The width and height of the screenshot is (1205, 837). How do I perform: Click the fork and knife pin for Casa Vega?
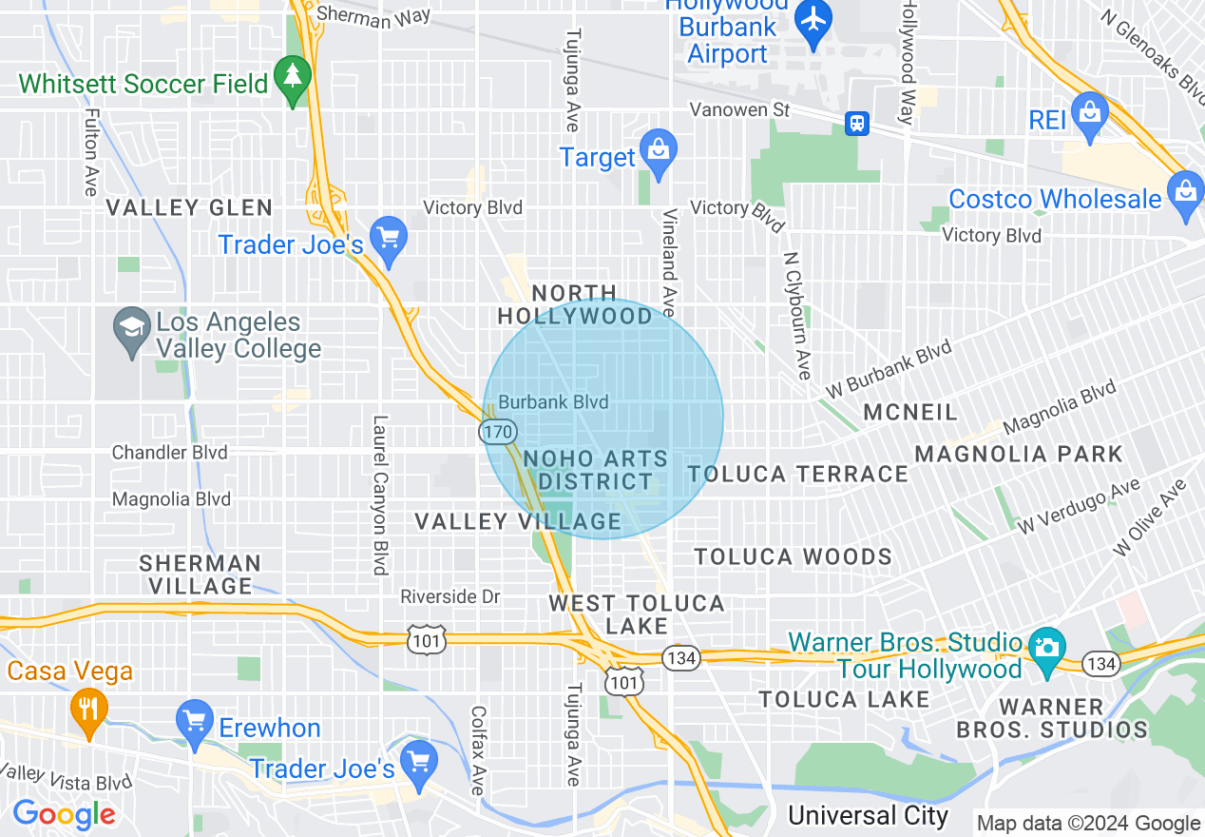pos(89,708)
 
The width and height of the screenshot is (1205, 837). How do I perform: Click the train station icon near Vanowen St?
pos(857,123)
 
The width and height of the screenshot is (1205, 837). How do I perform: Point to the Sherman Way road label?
pos(373,15)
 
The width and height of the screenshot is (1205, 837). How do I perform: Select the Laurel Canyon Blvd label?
pos(381,495)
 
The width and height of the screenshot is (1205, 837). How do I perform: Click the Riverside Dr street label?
pos(449,596)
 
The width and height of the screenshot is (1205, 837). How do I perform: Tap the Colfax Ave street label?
pos(478,750)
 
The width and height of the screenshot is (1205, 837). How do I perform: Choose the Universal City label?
pos(868,815)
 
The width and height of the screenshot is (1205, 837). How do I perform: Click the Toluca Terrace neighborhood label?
pos(798,474)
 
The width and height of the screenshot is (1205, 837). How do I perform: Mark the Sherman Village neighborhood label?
pos(201,574)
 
